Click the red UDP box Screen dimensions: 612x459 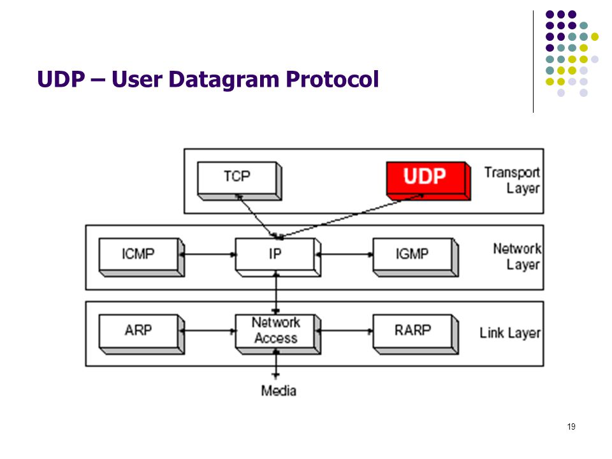point(428,180)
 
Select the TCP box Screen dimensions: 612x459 point(239,180)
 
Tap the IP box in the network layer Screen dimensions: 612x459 point(278,257)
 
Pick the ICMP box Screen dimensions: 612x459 point(142,257)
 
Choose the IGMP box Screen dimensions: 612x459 point(416,257)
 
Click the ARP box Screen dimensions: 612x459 point(142,334)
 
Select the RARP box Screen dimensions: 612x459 point(416,334)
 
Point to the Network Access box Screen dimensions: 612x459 point(278,334)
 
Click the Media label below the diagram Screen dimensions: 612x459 point(279,391)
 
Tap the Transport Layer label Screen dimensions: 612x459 point(512,180)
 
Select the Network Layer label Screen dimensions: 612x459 point(517,256)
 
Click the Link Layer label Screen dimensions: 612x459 point(510,333)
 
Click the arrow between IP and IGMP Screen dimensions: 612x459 point(345,254)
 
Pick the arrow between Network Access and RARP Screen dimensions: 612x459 point(345,331)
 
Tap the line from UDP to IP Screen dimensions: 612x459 point(351,216)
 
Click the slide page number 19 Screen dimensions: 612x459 point(571,426)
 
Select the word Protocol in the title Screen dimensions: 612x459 point(332,79)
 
